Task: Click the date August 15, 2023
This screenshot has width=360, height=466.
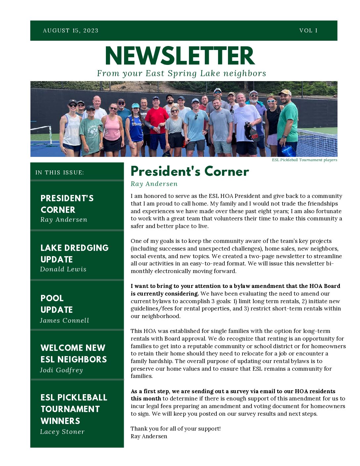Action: tap(70, 31)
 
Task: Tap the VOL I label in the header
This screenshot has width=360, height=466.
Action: tap(308, 31)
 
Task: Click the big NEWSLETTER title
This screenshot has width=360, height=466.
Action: tap(180, 56)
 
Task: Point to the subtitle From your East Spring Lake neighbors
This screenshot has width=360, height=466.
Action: tap(181, 73)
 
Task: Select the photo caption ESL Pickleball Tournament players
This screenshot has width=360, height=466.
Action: tap(304, 160)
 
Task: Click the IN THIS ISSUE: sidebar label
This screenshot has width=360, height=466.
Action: tap(60, 172)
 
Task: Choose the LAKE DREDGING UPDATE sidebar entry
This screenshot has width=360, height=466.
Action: tap(74, 254)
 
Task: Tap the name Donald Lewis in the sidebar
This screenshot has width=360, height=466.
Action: tap(63, 269)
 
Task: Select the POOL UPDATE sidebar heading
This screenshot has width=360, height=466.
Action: tap(56, 304)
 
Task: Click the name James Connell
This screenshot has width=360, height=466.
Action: tap(65, 320)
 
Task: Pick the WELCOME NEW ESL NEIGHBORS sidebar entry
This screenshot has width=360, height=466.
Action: tap(73, 353)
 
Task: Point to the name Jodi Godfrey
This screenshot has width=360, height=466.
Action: tap(61, 370)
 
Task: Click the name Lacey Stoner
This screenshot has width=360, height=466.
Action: tap(62, 432)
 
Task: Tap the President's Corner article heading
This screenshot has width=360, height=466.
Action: tap(190, 171)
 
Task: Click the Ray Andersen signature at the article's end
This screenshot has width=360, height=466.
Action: tap(149, 436)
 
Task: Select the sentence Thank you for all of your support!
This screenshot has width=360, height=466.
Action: tap(175, 429)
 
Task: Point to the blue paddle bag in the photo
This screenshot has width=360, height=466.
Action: tap(288, 151)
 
